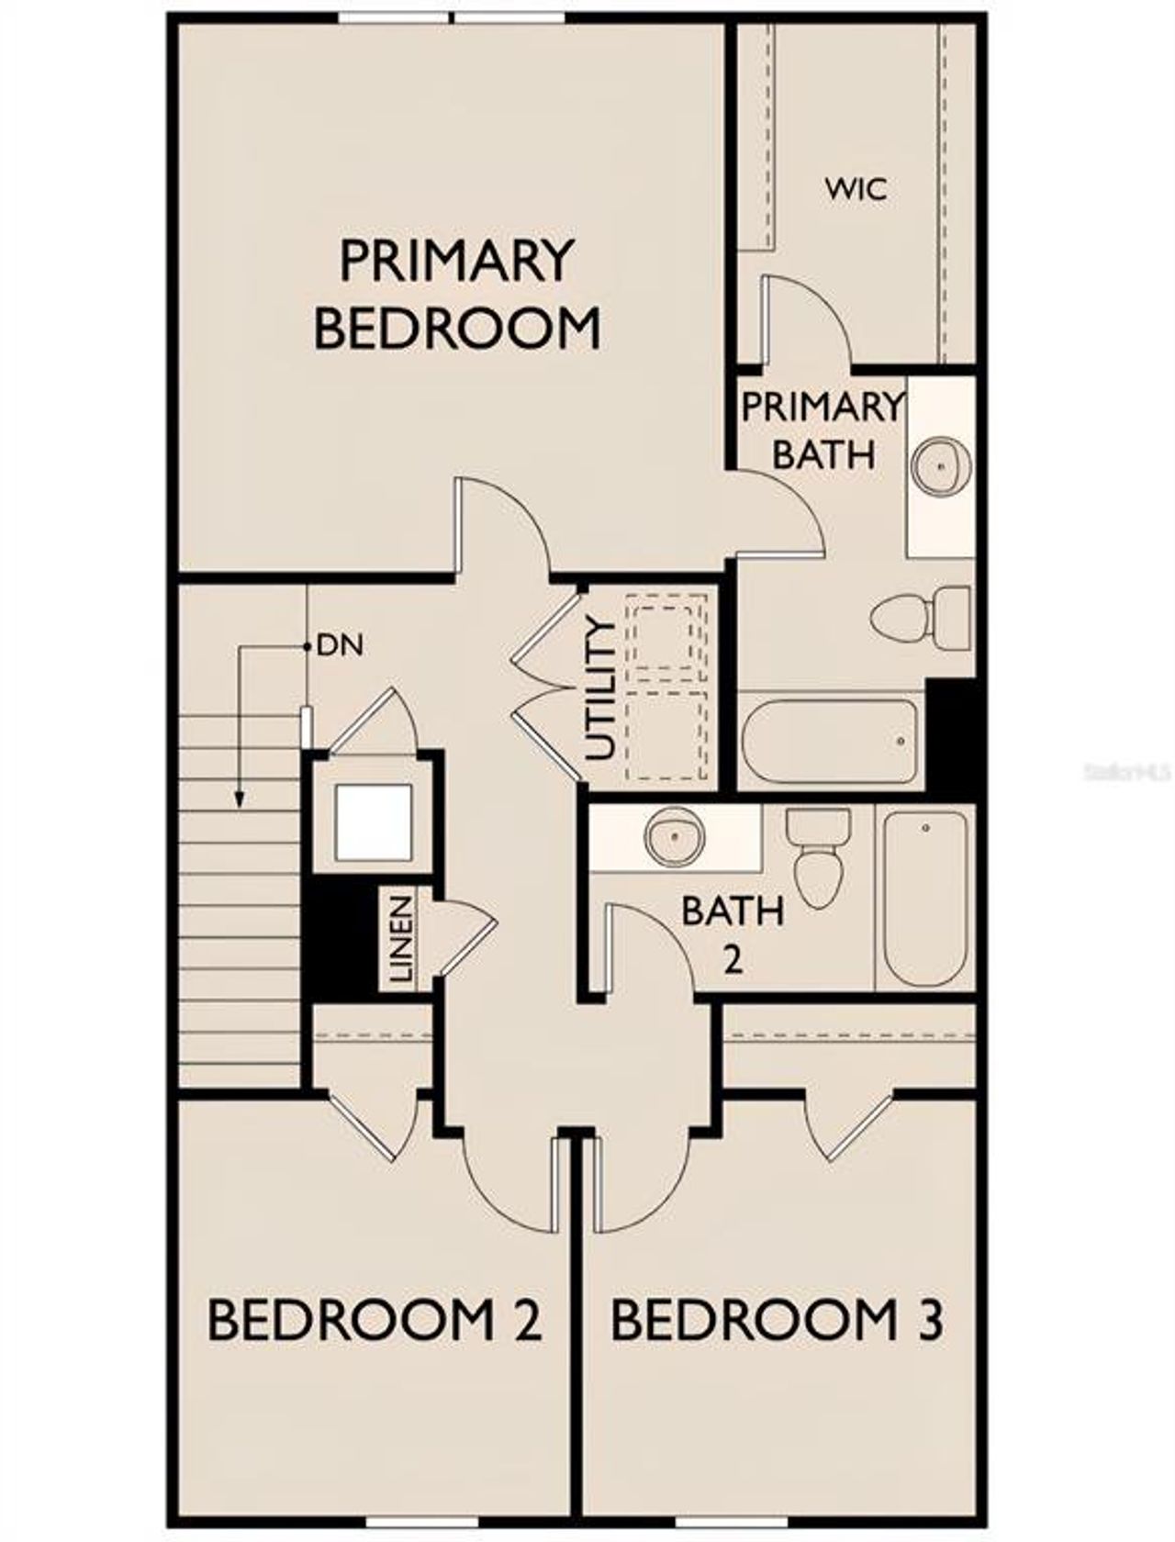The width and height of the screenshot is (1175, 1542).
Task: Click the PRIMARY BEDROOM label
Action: (x=456, y=294)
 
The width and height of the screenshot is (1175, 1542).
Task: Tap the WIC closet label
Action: (x=856, y=189)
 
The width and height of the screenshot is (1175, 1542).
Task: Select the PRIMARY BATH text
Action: (x=822, y=430)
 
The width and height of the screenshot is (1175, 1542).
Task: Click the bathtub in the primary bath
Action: (x=830, y=742)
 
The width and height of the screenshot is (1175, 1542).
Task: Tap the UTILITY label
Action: (x=599, y=689)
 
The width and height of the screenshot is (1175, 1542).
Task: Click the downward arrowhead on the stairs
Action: (x=239, y=800)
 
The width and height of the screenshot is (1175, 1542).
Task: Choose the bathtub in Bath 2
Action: (x=924, y=896)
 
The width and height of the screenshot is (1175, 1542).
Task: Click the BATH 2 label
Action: (x=733, y=933)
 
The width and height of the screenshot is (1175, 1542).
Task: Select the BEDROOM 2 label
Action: (x=375, y=1320)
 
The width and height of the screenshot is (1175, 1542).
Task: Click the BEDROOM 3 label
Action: (x=777, y=1320)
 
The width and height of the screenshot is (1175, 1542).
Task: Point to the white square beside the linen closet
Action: (x=372, y=823)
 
